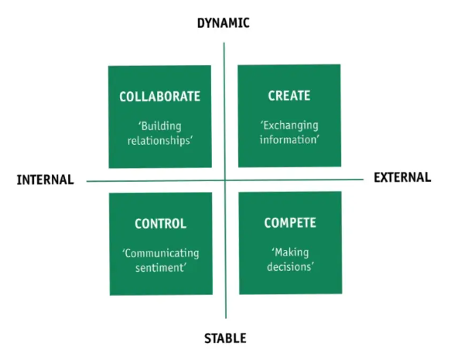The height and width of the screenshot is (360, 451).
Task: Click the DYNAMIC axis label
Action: (224, 23)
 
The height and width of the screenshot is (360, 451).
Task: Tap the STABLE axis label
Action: (225, 338)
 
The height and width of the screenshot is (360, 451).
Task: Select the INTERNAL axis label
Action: (46, 180)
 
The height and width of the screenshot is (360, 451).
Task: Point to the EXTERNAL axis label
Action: (402, 177)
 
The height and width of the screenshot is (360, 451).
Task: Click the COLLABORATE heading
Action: (159, 97)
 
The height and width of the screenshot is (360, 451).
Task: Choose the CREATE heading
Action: (289, 95)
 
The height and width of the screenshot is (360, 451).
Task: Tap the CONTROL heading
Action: (160, 224)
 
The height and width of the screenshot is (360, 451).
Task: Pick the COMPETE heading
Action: (290, 223)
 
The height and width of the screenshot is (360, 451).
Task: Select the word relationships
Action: (159, 141)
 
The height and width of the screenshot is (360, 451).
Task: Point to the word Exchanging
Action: (290, 125)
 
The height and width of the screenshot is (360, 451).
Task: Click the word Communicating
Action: (161, 253)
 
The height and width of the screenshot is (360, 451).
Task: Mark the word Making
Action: (291, 252)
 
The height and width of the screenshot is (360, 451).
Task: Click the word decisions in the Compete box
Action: (290, 267)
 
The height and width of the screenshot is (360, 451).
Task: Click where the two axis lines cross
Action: (225, 180)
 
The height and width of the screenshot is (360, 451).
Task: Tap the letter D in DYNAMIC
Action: (201, 23)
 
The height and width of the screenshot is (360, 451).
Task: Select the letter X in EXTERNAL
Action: (386, 177)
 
